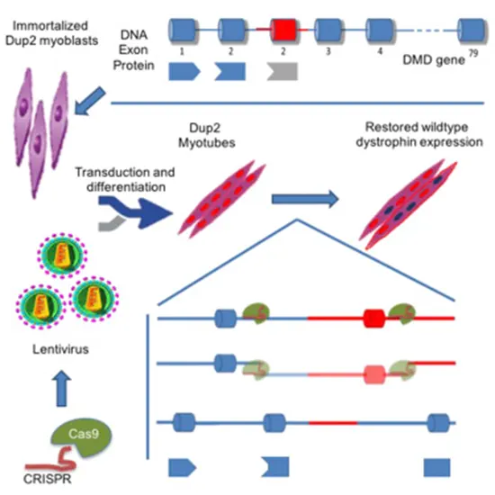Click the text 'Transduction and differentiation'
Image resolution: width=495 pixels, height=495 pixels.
[x=122, y=180]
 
